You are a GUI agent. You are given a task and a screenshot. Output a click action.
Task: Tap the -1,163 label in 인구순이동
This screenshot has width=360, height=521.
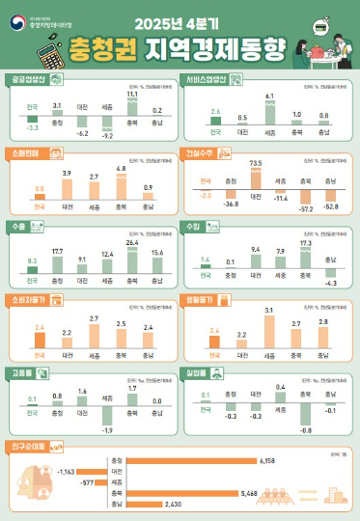point(67,470)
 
